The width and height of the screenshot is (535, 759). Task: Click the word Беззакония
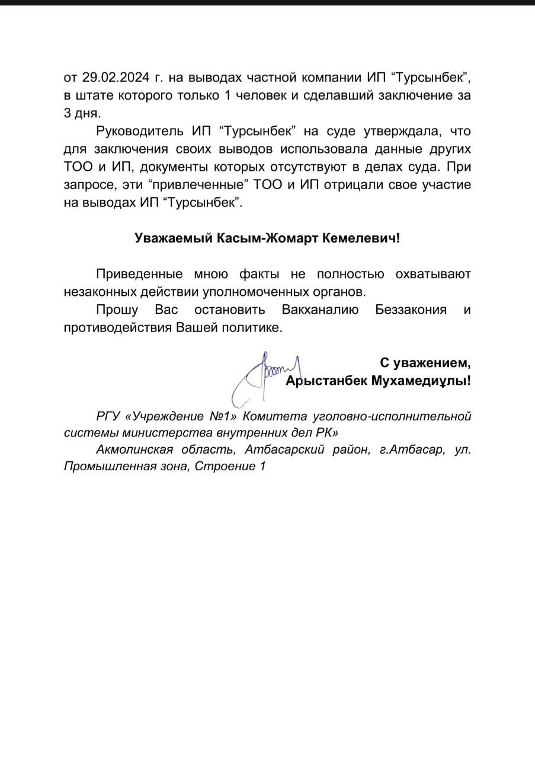point(411,310)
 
